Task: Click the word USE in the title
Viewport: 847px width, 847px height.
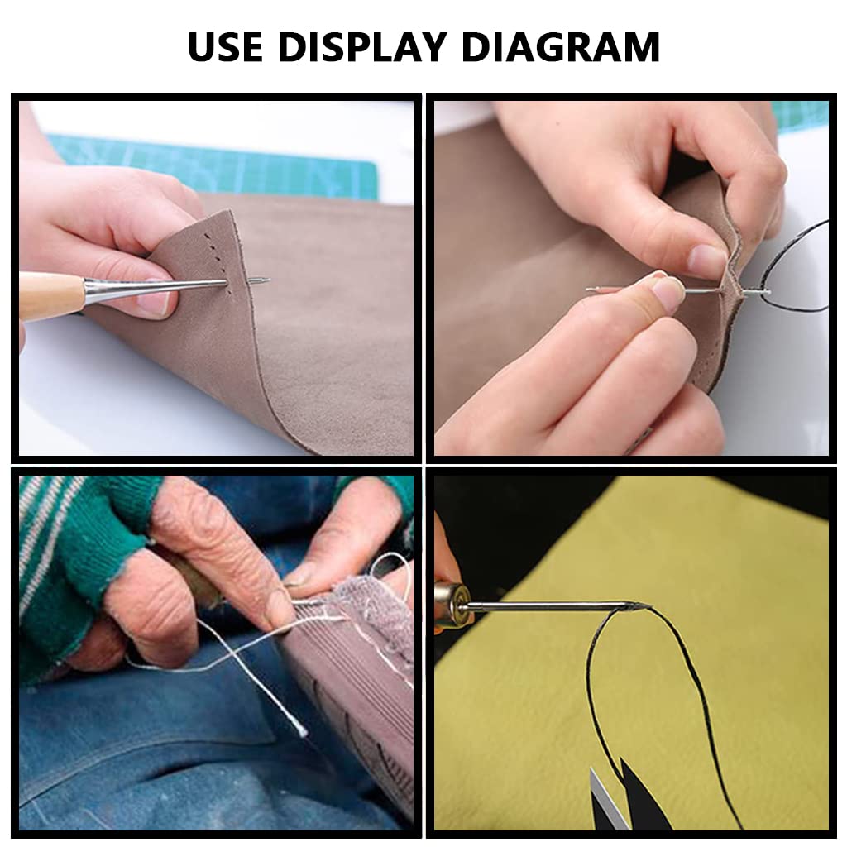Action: coord(225,47)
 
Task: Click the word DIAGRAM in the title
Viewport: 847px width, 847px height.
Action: coord(562,47)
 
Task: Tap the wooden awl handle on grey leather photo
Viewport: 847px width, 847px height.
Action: coord(51,294)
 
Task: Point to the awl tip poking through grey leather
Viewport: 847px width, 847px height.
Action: coord(259,280)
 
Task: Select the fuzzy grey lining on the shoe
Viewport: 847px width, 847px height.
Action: coord(373,600)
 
